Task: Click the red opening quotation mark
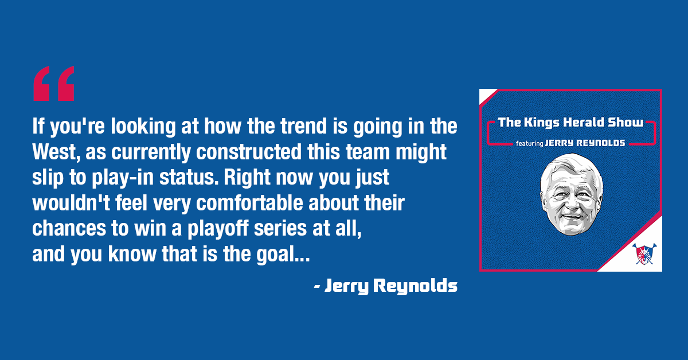point(54,83)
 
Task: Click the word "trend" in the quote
point(303,126)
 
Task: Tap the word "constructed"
point(249,151)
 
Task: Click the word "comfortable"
point(249,203)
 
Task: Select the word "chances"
point(68,229)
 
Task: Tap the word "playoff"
point(218,229)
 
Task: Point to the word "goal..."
point(283,255)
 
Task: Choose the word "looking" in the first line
point(143,127)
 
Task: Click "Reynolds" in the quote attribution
point(415,286)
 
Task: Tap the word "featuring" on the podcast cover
point(530,143)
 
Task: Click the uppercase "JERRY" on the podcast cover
point(559,143)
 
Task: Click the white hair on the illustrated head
point(570,165)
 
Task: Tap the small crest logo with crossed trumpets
point(644,254)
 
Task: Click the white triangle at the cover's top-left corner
point(485,95)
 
